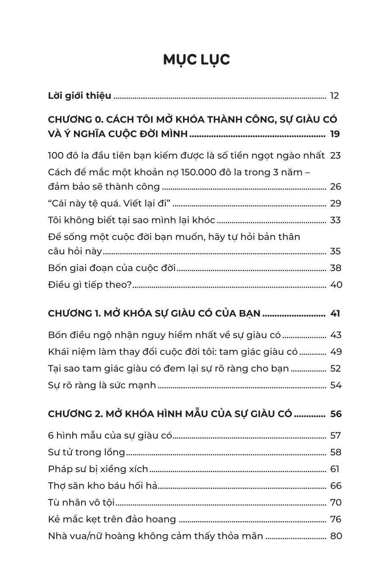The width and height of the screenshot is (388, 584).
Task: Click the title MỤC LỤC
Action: tap(197, 60)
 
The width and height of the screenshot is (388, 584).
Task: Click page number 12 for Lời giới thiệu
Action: tap(334, 96)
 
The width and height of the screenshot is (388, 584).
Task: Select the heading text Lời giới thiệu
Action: tap(80, 96)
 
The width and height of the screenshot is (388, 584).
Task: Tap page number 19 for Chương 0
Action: tap(335, 135)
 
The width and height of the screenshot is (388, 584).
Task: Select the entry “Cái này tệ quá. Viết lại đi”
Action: tap(109, 204)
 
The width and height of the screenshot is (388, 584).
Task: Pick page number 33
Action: tap(335, 220)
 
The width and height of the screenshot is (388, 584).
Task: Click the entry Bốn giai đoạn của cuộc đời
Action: tap(112, 268)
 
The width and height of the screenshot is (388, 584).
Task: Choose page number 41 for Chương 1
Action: tap(335, 314)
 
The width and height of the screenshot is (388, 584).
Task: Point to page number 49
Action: tap(336, 352)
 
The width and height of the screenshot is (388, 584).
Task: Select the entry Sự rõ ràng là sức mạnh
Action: tap(102, 385)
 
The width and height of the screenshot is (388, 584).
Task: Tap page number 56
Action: tap(336, 414)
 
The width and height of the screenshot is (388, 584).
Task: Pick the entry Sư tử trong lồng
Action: tap(87, 452)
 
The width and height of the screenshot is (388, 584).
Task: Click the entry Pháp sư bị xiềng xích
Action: tap(98, 469)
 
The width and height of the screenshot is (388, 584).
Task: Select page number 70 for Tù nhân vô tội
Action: tap(336, 503)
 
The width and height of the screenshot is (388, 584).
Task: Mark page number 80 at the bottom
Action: tap(336, 536)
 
